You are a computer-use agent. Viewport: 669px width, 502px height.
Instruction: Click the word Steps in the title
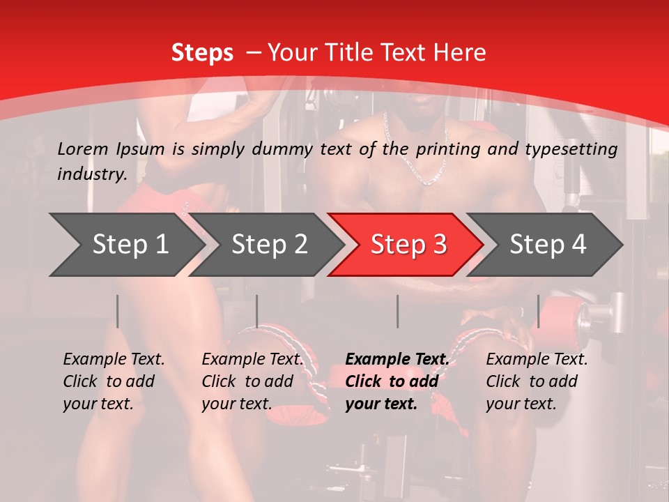click(202, 53)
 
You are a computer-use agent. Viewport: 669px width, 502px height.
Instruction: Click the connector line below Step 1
click(118, 311)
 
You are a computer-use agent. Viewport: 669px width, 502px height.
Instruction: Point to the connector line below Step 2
click(257, 311)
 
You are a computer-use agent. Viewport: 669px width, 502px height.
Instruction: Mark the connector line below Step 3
click(398, 311)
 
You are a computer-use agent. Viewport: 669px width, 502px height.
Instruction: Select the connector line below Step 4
click(539, 311)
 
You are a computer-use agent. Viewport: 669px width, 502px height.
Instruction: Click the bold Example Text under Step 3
click(397, 381)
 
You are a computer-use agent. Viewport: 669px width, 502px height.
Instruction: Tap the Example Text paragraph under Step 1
click(114, 381)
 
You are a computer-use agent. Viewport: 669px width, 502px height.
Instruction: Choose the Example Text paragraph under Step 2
click(252, 381)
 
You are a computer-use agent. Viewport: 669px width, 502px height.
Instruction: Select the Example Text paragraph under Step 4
click(537, 381)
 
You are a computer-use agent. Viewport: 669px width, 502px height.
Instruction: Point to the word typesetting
click(572, 149)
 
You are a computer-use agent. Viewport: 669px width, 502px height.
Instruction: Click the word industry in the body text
click(91, 174)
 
